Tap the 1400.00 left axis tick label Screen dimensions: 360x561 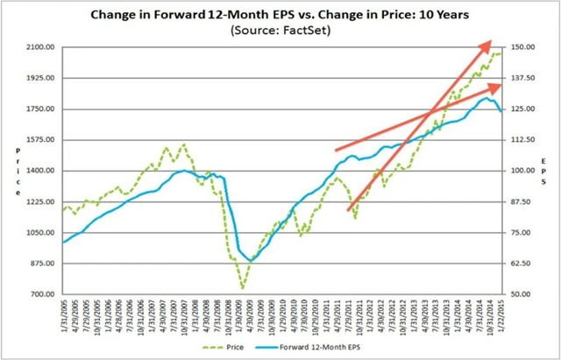coord(40,171)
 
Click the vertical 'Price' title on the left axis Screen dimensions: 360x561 coord(18,171)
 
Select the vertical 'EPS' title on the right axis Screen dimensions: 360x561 coord(546,171)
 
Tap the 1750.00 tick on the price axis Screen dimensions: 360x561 coord(40,109)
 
